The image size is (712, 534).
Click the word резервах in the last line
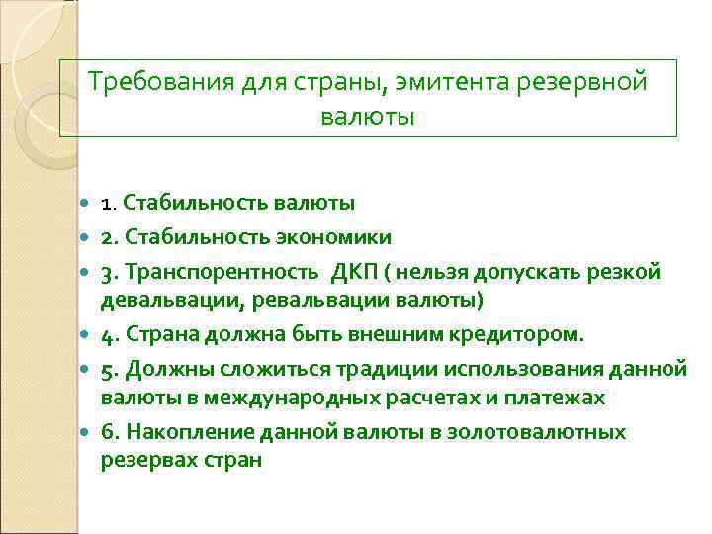coord(145,459)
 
